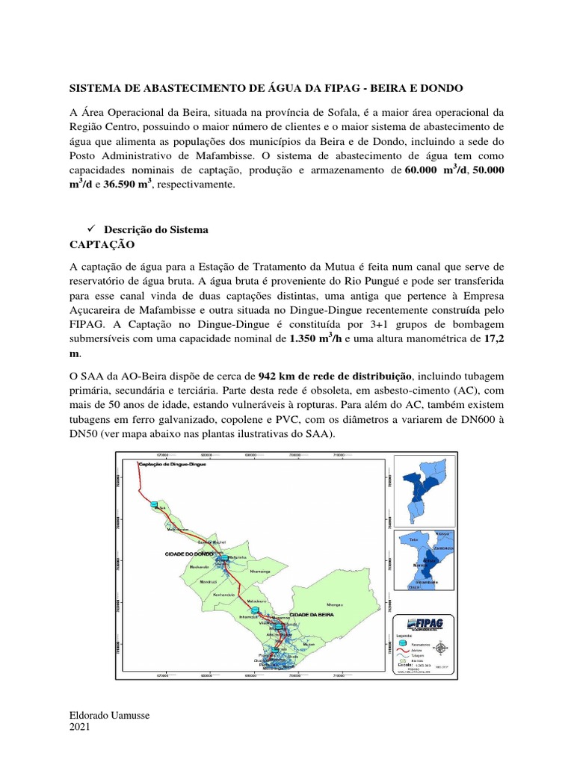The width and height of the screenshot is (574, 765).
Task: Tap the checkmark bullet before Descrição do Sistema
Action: [x=93, y=230]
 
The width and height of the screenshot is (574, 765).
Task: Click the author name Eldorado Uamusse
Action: [x=109, y=716]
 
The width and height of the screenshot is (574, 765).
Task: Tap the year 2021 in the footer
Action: [x=80, y=727]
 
